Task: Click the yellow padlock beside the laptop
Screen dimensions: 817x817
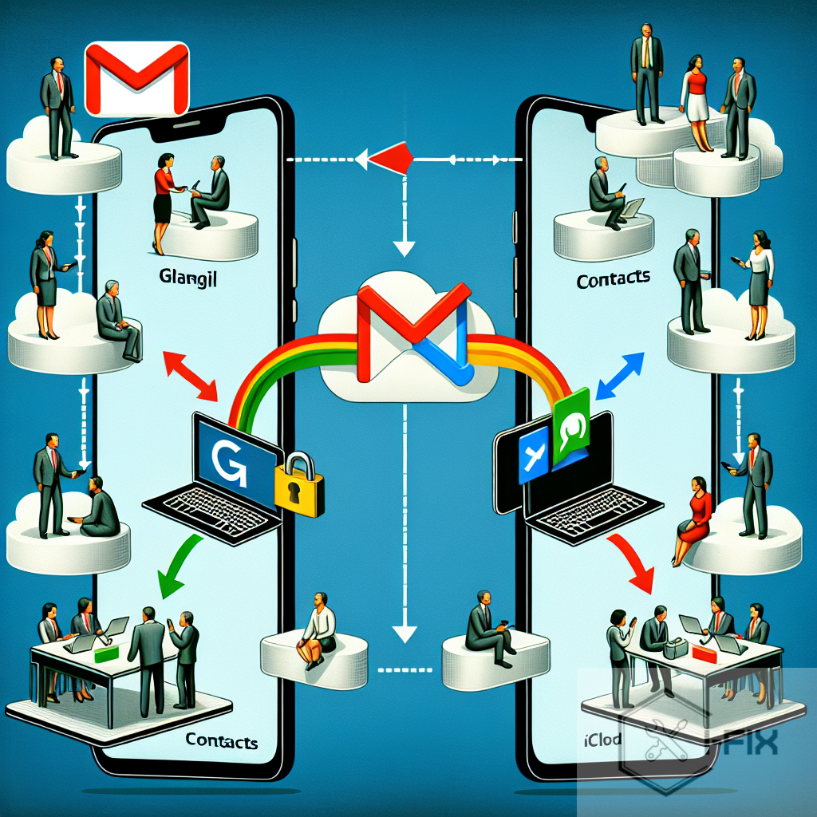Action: click(x=299, y=483)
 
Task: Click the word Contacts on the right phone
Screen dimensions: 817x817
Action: click(x=612, y=279)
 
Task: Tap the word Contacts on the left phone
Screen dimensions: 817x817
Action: click(x=221, y=740)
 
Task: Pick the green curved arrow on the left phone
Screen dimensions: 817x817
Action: click(x=178, y=573)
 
